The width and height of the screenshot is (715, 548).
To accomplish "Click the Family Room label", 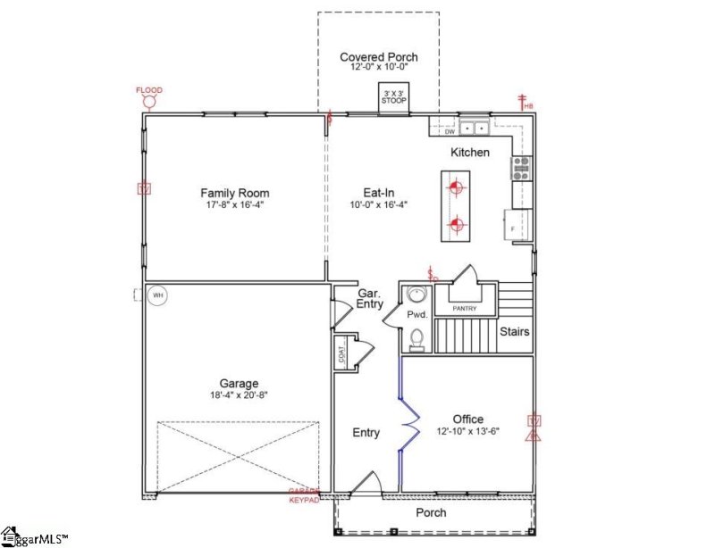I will (234, 193).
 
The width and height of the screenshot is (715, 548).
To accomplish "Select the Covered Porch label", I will (378, 58).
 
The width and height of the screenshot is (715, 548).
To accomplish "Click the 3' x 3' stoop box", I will (394, 98).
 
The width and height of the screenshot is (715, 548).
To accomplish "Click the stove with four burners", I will (521, 167).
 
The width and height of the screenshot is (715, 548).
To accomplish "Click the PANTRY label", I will (464, 309).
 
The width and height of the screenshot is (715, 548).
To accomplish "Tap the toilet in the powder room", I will (416, 339).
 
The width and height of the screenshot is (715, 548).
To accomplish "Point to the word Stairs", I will (514, 332).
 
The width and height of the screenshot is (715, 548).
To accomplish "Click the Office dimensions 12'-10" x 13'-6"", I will (467, 431).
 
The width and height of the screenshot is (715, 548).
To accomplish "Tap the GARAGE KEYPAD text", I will (304, 495).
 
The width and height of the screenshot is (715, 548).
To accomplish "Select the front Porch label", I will (431, 513).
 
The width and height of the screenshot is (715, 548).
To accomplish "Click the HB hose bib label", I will (528, 107).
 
